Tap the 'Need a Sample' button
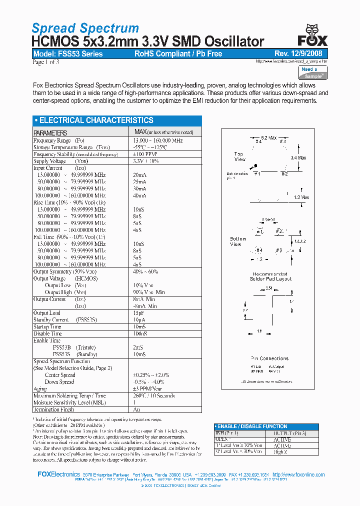[x=312, y=72]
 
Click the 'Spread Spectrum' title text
[x=85, y=28]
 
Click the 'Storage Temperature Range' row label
[x=71, y=147]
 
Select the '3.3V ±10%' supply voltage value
[x=145, y=161]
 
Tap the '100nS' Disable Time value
[x=140, y=333]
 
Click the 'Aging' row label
[x=40, y=388]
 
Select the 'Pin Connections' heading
[x=269, y=358]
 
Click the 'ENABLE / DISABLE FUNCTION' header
[x=252, y=426]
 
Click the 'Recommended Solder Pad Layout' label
[x=270, y=276]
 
